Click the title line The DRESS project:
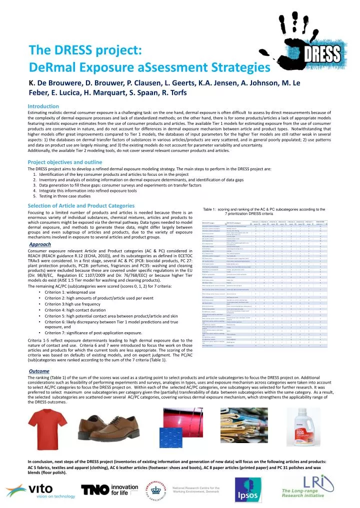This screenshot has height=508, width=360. click(x=85, y=50)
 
